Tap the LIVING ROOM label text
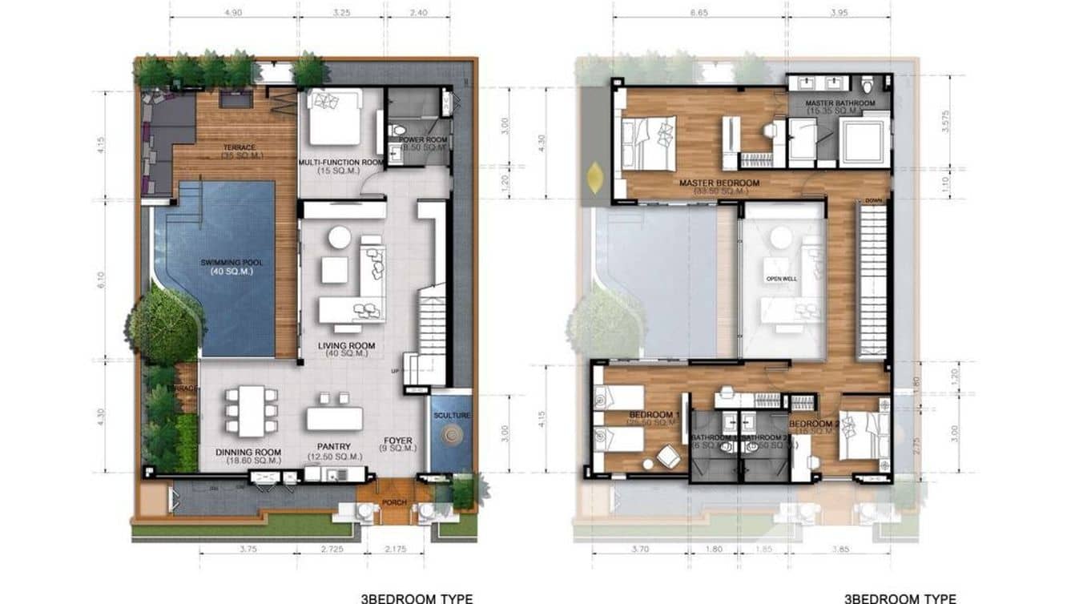(346, 346)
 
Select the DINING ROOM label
(248, 452)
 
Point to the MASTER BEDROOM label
(719, 183)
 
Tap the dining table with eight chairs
(252, 411)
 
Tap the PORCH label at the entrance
(394, 503)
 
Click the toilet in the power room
(398, 131)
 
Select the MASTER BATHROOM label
(839, 103)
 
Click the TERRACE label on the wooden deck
(240, 147)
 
